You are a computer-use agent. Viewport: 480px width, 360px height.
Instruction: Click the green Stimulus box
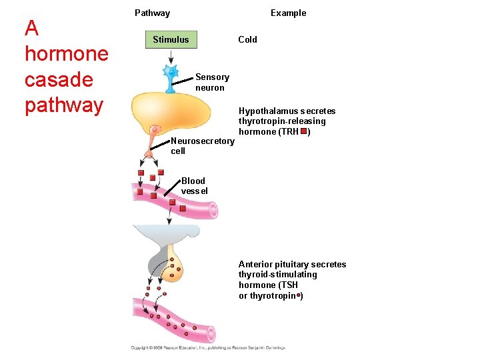point(171,39)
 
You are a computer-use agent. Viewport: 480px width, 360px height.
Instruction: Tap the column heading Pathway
point(152,13)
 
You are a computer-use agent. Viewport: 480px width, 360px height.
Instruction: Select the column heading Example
point(288,13)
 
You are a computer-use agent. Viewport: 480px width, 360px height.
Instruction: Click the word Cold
point(247,39)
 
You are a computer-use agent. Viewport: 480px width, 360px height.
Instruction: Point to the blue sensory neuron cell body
point(171,71)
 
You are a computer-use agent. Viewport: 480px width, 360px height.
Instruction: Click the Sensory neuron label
point(212,83)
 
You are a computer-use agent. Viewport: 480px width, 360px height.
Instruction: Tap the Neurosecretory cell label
point(202,146)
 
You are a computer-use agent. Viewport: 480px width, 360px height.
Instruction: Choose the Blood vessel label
point(194,186)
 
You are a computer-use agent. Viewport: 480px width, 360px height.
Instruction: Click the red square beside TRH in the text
point(303,131)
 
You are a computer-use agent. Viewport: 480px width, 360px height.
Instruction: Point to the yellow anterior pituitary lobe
point(175,267)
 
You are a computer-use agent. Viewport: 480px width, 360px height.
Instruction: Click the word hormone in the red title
point(66,53)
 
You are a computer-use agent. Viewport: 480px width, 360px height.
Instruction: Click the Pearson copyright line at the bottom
point(207,347)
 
